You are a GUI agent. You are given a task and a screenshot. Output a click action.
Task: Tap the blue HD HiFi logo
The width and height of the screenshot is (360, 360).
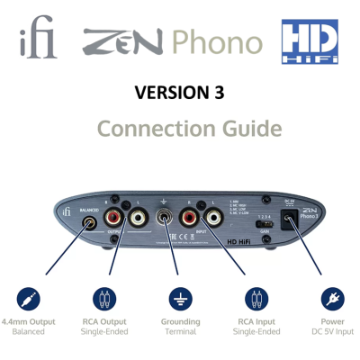click(x=309, y=42)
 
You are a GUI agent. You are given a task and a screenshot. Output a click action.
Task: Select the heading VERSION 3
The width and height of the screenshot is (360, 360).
click(x=178, y=94)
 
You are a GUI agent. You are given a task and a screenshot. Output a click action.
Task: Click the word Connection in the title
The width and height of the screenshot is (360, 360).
click(x=149, y=129)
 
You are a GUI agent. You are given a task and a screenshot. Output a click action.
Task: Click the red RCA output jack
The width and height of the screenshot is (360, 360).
click(x=115, y=217)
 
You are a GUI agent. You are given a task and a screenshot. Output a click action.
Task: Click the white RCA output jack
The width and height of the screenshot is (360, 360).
click(x=139, y=217)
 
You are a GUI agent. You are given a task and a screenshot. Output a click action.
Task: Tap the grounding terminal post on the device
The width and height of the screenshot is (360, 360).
click(x=165, y=217)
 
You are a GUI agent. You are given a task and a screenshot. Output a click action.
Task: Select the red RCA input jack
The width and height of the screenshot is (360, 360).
click(x=191, y=217)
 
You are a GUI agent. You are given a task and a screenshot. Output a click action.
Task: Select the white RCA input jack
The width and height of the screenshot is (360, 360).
click(x=214, y=217)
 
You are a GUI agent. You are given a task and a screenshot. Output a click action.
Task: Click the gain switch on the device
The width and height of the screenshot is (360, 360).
click(x=263, y=222)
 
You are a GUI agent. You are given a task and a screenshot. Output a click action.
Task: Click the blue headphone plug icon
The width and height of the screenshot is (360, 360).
click(x=28, y=298)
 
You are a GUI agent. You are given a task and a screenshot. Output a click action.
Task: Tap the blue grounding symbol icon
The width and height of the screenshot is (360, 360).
click(x=180, y=298)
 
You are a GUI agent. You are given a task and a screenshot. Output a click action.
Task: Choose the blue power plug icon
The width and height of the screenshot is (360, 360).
click(x=332, y=298)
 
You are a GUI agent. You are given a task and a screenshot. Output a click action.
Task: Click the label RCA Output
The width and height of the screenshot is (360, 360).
click(x=103, y=321)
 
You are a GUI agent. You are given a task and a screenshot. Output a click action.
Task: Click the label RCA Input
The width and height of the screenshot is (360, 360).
click(x=256, y=321)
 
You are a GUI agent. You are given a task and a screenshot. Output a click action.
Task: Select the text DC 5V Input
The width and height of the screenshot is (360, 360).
click(x=332, y=332)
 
